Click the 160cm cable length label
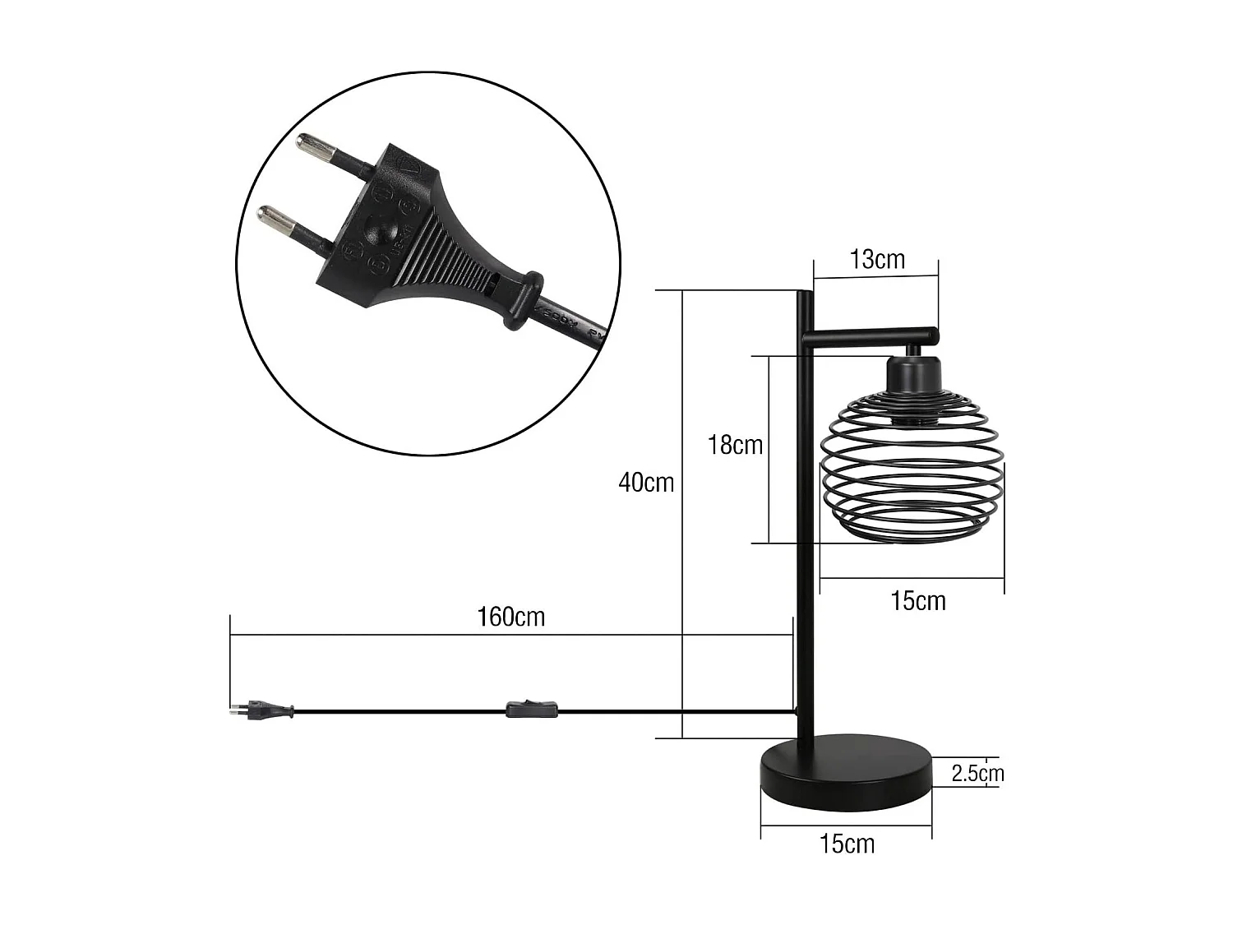tap(511, 617)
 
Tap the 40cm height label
tap(646, 483)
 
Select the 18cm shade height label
tap(735, 445)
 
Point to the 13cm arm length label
tap(877, 260)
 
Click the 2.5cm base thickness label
tap(977, 773)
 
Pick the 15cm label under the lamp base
tap(847, 844)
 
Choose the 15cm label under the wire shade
tap(918, 601)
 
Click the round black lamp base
tap(847, 772)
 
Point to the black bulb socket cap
tap(912, 373)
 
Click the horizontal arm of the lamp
tap(871, 335)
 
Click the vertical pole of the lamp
tap(805, 534)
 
